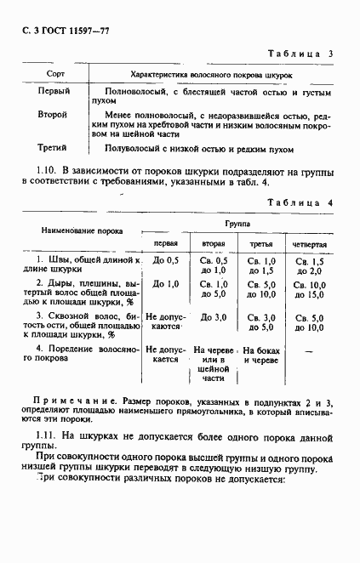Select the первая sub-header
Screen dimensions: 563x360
point(165,243)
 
